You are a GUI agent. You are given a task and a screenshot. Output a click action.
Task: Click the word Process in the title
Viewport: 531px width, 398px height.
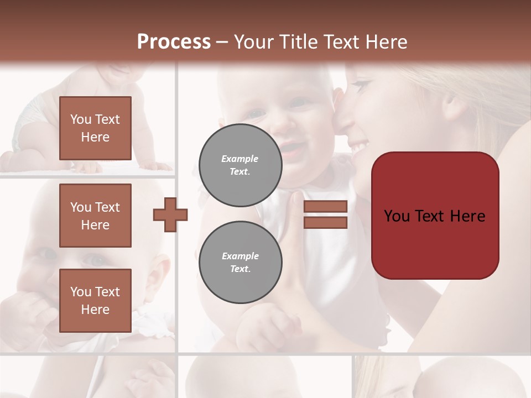(174, 42)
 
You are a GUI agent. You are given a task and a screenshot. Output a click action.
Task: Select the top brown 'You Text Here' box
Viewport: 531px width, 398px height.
(95, 128)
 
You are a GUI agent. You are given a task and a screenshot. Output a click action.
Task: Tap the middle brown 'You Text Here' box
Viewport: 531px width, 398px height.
(95, 216)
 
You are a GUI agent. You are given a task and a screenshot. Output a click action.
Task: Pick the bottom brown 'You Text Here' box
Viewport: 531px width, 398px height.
(95, 300)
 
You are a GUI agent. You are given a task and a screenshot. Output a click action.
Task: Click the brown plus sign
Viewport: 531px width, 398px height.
(170, 214)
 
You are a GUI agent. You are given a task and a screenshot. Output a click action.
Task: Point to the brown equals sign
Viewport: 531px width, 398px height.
(325, 214)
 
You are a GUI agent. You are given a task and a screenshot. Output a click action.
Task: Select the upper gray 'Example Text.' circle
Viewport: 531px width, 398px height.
(240, 165)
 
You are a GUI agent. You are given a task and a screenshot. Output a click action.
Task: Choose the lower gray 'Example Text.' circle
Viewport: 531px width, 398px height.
(240, 263)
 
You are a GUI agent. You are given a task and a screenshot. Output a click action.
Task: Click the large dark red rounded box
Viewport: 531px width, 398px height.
(435, 216)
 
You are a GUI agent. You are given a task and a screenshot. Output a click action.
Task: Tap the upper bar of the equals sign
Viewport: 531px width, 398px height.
(325, 207)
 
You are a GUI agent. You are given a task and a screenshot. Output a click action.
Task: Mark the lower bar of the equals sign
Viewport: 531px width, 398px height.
(325, 223)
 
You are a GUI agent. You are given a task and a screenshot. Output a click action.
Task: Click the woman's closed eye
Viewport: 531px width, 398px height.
(361, 87)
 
